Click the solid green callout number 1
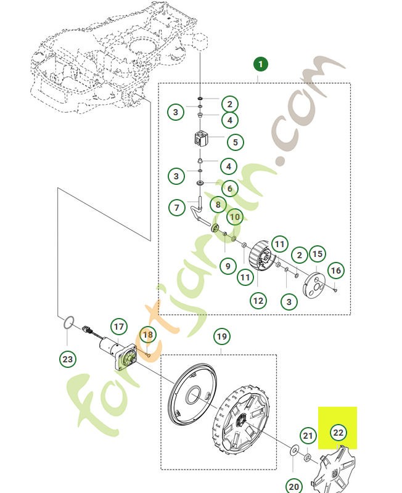pyautogui.click(x=260, y=65)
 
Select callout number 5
pyautogui.click(x=236, y=142)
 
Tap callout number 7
pyautogui.click(x=177, y=208)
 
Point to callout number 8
pyautogui.click(x=218, y=205)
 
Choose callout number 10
pyautogui.click(x=235, y=217)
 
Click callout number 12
pyautogui.click(x=258, y=301)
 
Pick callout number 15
pyautogui.click(x=318, y=254)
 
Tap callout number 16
pyautogui.click(x=335, y=271)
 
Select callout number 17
pyautogui.click(x=118, y=327)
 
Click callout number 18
pyautogui.click(x=148, y=335)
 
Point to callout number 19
pyautogui.click(x=222, y=336)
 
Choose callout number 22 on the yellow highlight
pyautogui.click(x=338, y=433)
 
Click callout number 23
pyautogui.click(x=68, y=359)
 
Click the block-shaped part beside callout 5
pyautogui.click(x=200, y=139)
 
